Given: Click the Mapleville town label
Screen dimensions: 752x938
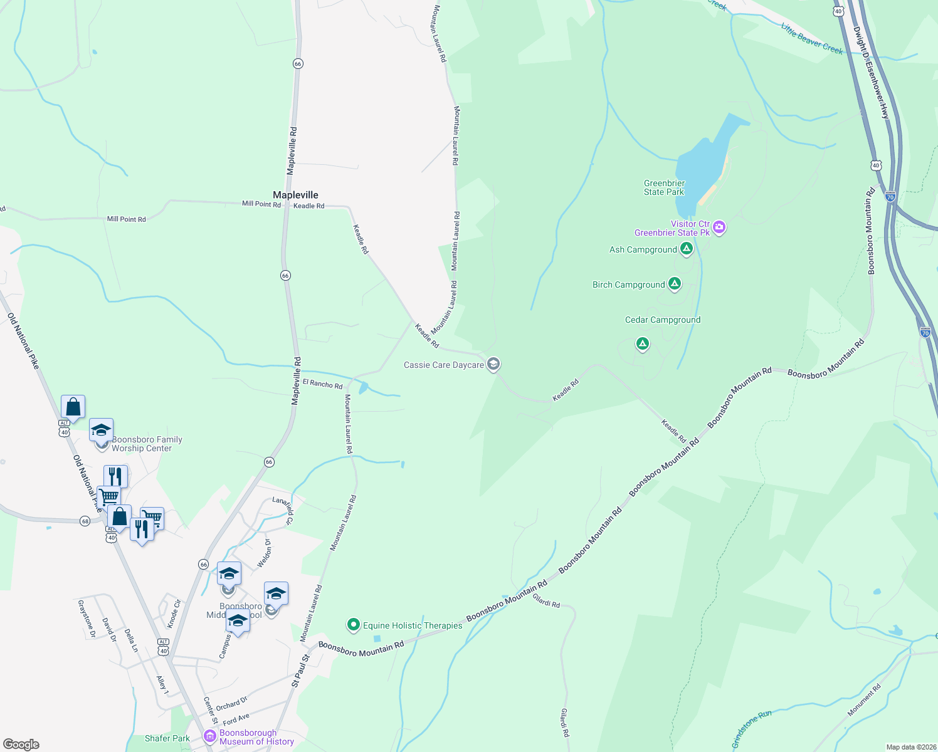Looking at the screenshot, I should tap(295, 195).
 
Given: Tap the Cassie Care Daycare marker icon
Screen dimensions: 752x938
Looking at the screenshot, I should tap(493, 364).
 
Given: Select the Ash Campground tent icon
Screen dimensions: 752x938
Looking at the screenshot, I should tap(687, 249).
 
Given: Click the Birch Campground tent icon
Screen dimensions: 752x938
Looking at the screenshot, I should tap(675, 284).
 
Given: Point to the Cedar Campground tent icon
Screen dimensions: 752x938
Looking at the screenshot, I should tap(642, 343).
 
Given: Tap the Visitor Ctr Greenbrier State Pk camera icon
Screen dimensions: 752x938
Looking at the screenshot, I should tap(719, 227).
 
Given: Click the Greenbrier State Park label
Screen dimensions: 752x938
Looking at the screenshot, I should tap(664, 188).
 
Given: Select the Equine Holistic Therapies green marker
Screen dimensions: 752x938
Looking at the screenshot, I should tap(353, 625).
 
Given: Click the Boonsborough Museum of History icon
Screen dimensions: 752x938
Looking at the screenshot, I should tap(210, 736).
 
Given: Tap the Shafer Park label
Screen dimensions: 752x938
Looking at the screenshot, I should tap(167, 738).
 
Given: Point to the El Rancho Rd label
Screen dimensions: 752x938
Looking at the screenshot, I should tap(322, 384).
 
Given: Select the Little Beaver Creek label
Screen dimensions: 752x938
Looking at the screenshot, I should tap(811, 39).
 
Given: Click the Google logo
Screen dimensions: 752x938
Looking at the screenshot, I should tap(21, 744).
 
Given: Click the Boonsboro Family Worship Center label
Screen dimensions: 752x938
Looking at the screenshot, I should tap(147, 444).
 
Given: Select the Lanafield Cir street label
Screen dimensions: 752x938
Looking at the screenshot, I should tap(283, 509).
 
